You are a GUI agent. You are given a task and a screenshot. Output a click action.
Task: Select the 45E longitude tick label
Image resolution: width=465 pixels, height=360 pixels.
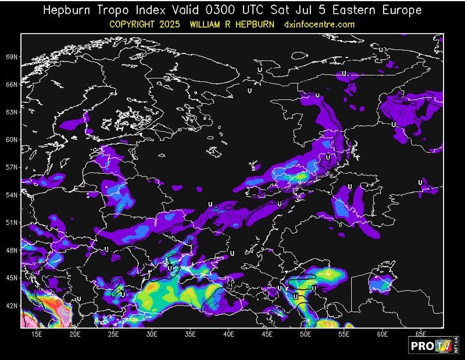(x=267, y=335)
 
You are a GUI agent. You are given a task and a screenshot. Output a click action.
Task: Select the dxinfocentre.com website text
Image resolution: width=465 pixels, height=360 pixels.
(x=319, y=24)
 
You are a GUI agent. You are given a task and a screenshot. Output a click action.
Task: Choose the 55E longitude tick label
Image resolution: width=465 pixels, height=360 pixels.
(x=344, y=335)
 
